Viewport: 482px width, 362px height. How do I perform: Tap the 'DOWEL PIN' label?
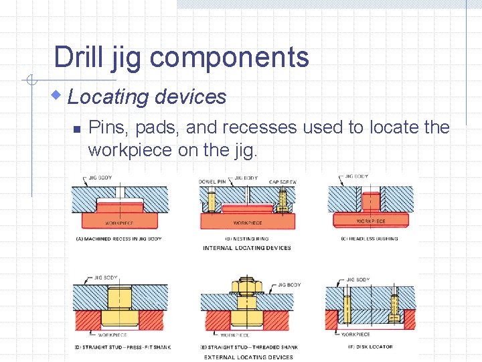pyautogui.click(x=212, y=182)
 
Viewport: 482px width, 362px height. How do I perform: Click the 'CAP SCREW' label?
pyautogui.click(x=283, y=182)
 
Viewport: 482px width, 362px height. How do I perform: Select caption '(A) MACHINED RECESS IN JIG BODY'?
pyautogui.click(x=118, y=238)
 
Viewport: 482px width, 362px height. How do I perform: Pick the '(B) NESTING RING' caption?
pyautogui.click(x=246, y=238)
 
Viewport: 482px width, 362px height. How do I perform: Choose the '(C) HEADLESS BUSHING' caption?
pyautogui.click(x=370, y=238)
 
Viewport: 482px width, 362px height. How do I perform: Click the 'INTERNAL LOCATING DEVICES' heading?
pyautogui.click(x=247, y=248)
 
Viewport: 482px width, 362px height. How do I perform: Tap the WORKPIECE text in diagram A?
pyautogui.click(x=118, y=223)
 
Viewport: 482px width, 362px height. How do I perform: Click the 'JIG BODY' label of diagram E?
pyautogui.click(x=289, y=285)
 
